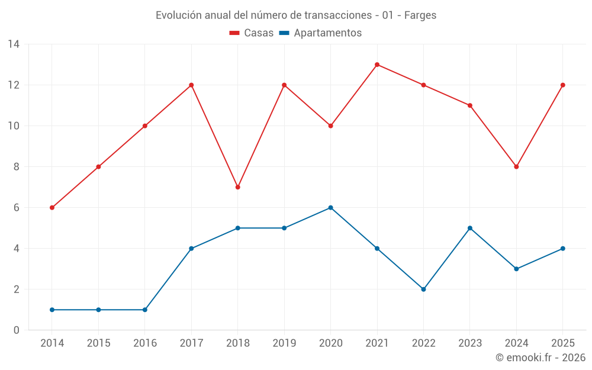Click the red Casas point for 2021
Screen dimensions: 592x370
pos(377,65)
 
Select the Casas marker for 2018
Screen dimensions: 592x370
pos(237,187)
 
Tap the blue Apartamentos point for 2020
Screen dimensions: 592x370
pos(330,208)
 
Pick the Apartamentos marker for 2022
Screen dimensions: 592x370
pos(423,289)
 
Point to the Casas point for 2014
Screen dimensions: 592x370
pos(52,208)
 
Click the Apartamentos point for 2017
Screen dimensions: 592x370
pos(191,249)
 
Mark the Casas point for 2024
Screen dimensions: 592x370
pos(516,166)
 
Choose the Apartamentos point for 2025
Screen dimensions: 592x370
pos(562,249)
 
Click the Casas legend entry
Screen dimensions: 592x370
pos(252,33)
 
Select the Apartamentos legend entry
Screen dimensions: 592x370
pos(320,33)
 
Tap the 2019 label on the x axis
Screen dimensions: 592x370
pos(284,343)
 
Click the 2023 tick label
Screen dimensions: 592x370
pos(469,343)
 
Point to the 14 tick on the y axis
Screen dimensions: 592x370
pos(14,44)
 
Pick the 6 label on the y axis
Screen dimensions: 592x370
pos(16,208)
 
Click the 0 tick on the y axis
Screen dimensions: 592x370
pos(16,330)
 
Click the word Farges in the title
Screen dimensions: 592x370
pos(420,15)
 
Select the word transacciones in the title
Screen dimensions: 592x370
pos(338,15)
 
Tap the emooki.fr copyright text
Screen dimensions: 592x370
pos(540,357)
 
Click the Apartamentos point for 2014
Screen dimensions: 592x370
pos(52,310)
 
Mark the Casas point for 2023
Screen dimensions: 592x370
pos(469,105)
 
